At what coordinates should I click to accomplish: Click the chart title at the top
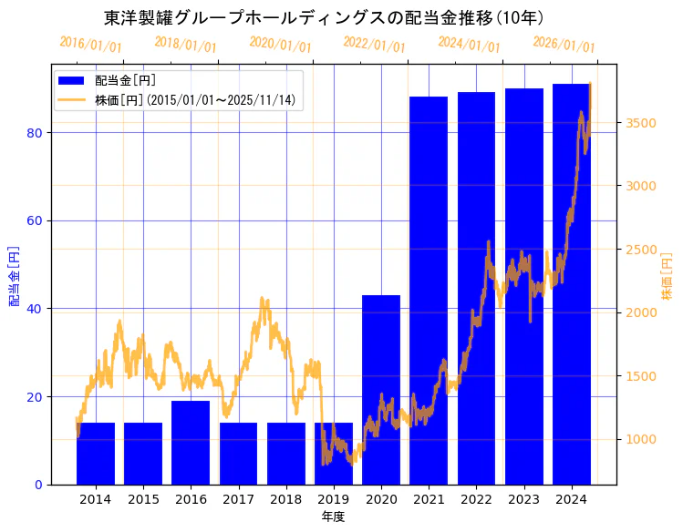[325, 17]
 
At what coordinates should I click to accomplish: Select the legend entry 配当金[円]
[125, 80]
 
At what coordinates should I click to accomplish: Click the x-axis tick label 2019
[334, 500]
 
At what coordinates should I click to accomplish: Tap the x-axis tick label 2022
[476, 500]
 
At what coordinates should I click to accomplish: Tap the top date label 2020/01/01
[280, 45]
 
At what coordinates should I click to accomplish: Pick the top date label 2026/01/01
[564, 45]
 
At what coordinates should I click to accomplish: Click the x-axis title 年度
[333, 517]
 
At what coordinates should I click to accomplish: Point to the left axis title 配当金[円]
[15, 275]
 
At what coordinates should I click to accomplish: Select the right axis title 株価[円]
[667, 278]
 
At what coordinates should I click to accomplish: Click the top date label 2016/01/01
[90, 45]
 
